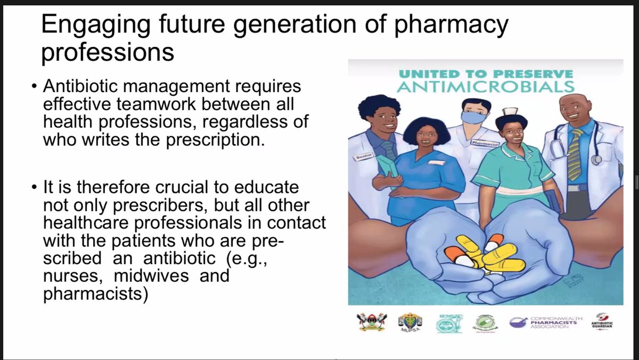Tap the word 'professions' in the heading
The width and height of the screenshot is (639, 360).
108,52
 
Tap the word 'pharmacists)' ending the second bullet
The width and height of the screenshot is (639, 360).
94,293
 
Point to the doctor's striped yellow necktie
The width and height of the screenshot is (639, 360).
576,154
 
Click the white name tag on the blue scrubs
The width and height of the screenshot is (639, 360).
436,162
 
